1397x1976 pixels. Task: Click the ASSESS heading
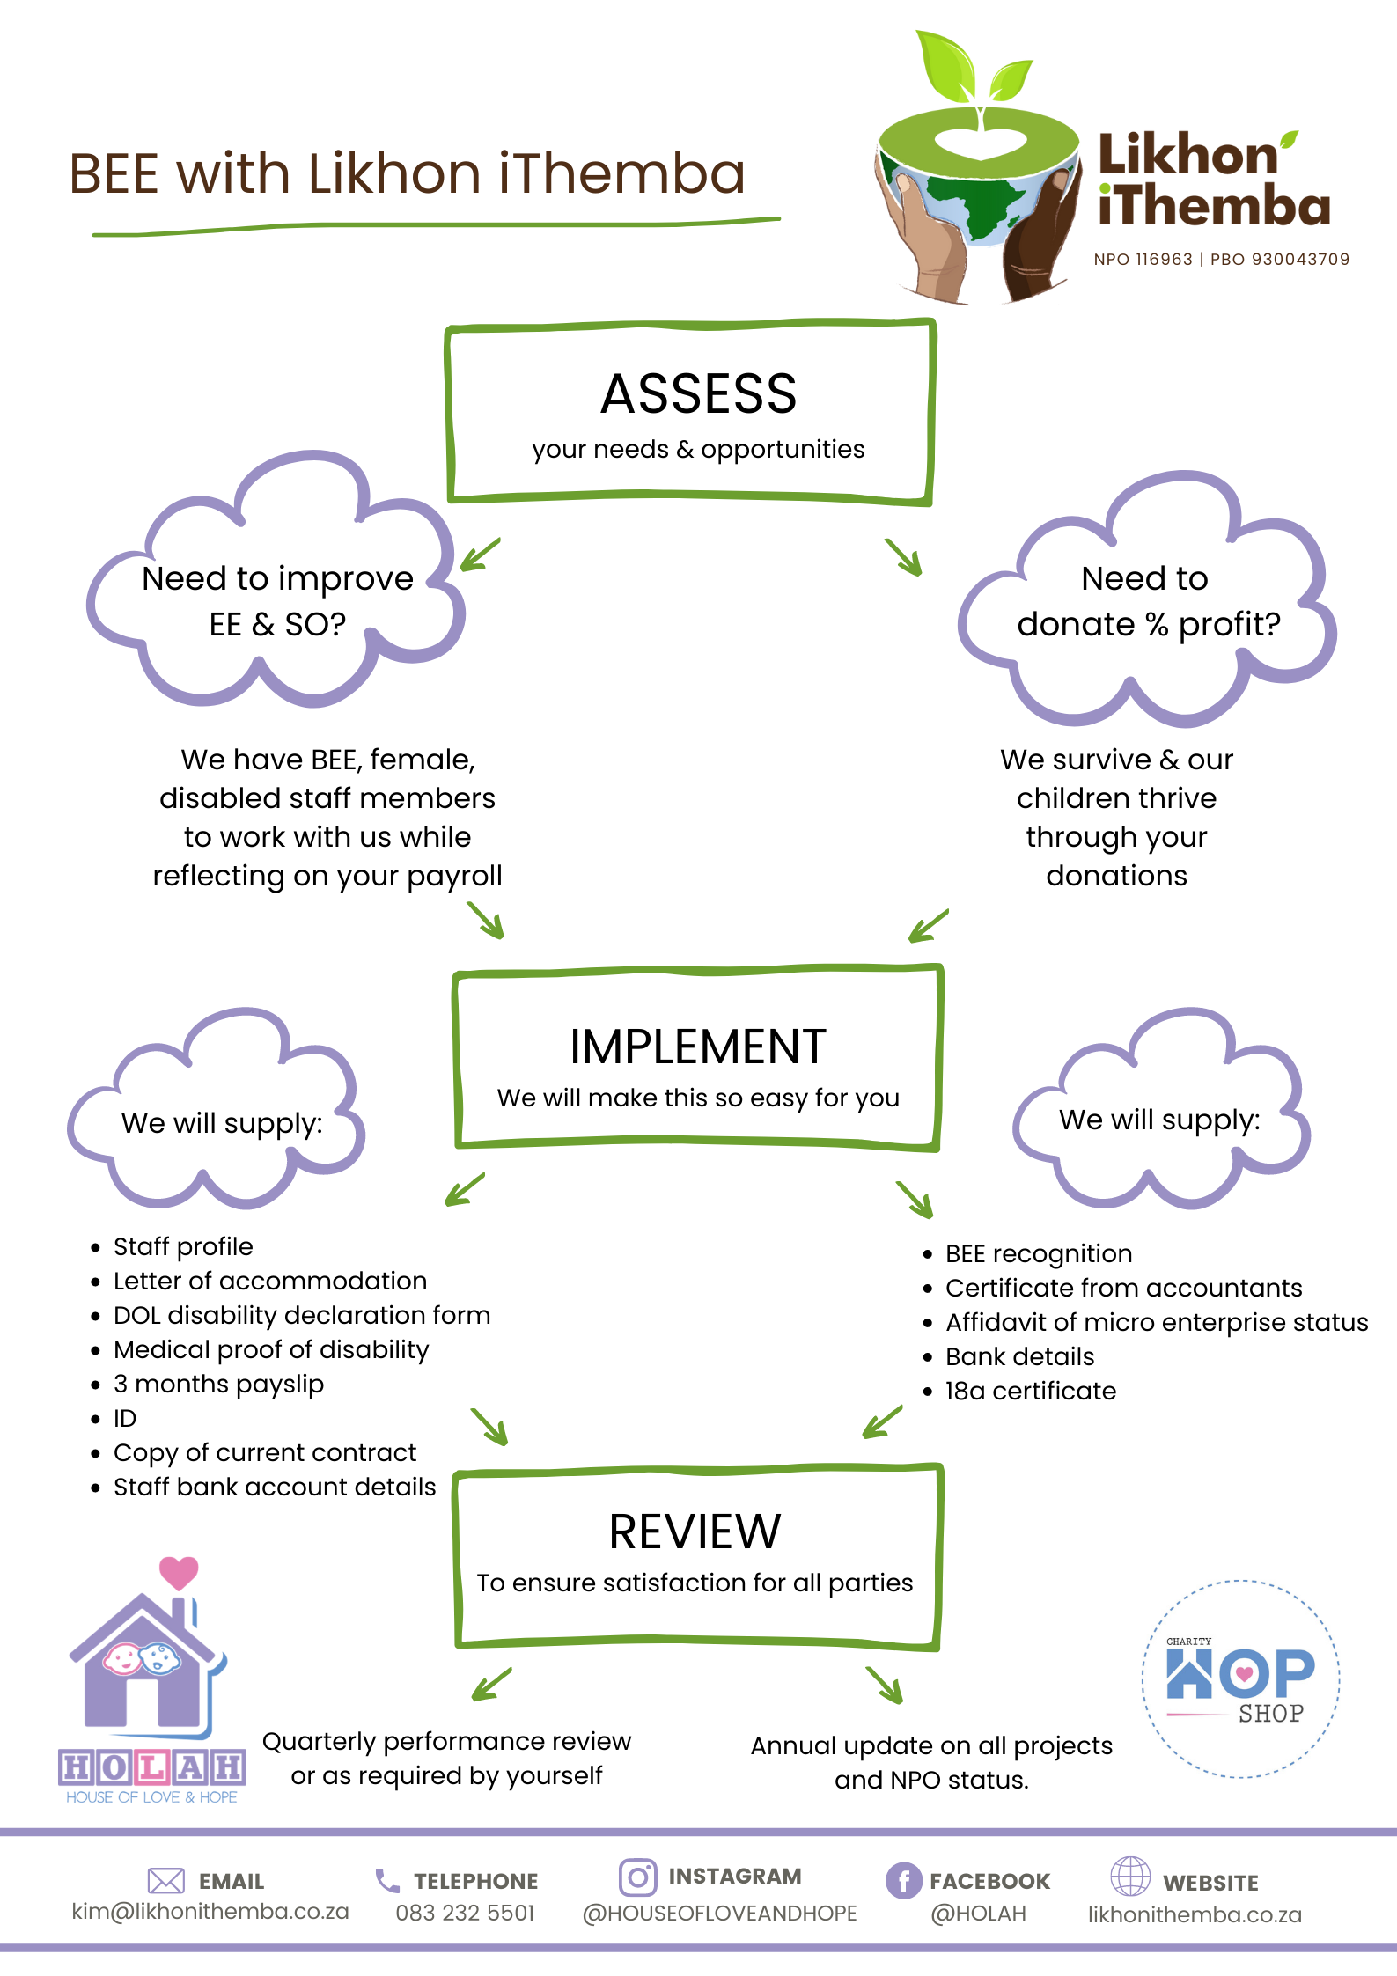click(x=699, y=393)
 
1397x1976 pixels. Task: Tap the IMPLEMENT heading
click(x=698, y=1047)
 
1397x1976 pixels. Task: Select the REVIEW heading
click(x=695, y=1532)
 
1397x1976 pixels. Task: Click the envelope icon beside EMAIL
click(x=166, y=1881)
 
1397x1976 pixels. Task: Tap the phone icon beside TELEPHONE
click(x=387, y=1881)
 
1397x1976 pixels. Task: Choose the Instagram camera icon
click(x=638, y=1877)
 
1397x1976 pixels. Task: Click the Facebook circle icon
click(x=904, y=1881)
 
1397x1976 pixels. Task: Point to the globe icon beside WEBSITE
click(x=1130, y=1876)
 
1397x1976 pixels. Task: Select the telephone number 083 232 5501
click(x=465, y=1913)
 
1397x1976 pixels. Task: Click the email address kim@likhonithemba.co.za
click(x=210, y=1912)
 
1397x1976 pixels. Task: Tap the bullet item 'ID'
click(x=125, y=1418)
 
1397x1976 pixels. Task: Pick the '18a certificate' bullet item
click(x=1031, y=1391)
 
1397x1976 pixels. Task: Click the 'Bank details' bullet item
click(x=1020, y=1356)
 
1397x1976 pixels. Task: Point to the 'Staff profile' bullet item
click(x=183, y=1246)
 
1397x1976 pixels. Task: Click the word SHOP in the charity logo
click(x=1271, y=1714)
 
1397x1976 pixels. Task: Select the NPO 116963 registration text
click(x=1143, y=260)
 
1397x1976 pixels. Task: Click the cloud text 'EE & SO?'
click(x=277, y=624)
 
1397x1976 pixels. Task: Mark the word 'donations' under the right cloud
click(x=1116, y=876)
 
